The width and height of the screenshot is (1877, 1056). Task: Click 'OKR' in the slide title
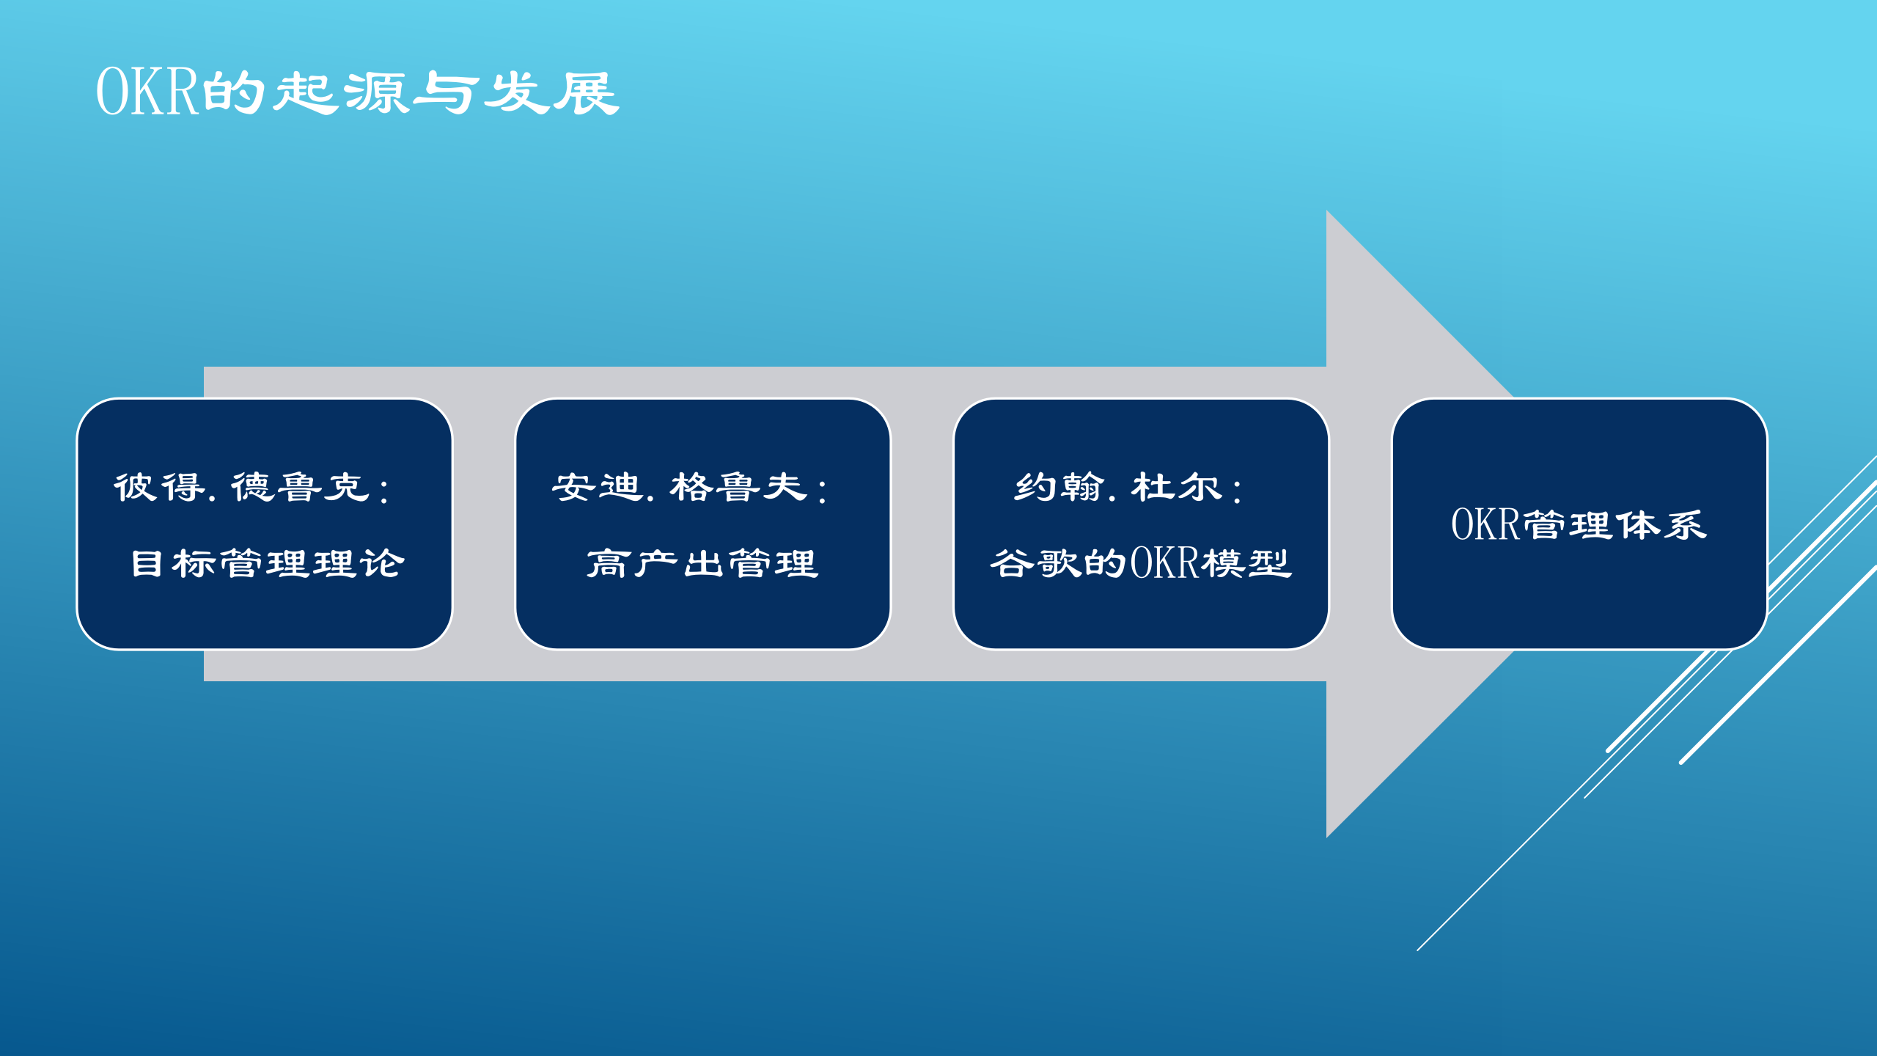tap(147, 92)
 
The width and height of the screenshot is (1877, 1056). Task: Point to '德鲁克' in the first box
tap(301, 488)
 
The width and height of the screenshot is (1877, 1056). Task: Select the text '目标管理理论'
tap(268, 564)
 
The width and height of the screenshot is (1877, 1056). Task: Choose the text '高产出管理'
tap(702, 564)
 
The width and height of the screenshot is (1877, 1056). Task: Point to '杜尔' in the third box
tap(1177, 488)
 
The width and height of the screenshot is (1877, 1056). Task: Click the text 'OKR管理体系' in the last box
tap(1579, 525)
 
